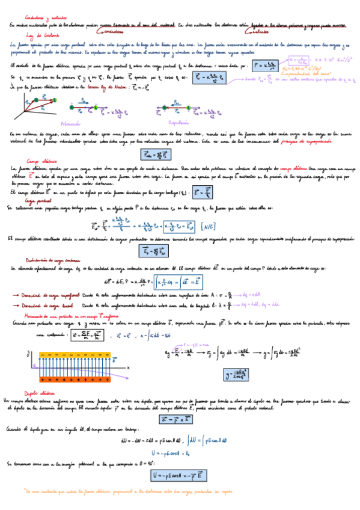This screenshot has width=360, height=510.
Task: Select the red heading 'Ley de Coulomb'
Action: [26, 35]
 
